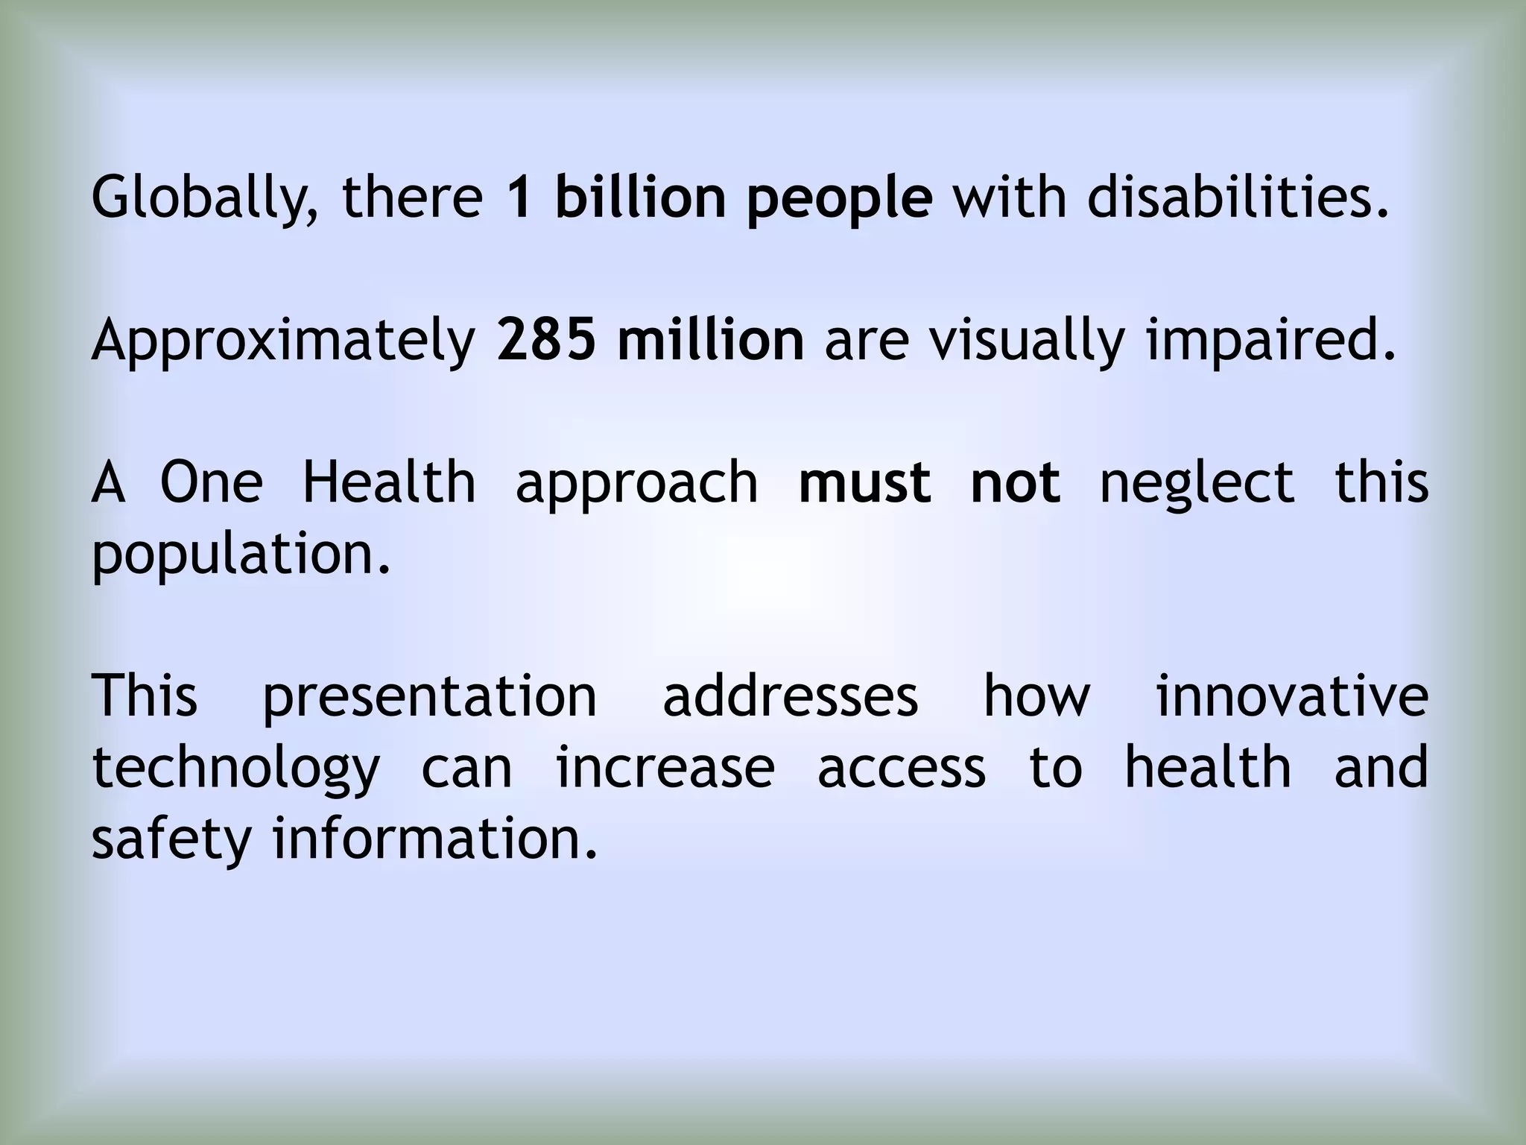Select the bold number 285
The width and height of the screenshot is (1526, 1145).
tap(546, 340)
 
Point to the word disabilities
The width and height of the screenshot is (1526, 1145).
tap(1238, 198)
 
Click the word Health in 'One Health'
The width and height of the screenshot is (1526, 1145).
tap(389, 482)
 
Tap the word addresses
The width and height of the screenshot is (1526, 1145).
tap(790, 697)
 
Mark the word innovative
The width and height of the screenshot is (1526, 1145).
tap(1291, 697)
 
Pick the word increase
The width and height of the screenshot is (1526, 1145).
tap(665, 769)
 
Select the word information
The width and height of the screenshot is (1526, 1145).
tap(435, 839)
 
